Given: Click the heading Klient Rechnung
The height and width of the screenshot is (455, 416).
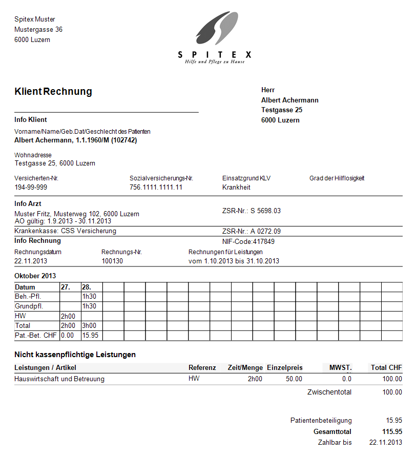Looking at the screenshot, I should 53,92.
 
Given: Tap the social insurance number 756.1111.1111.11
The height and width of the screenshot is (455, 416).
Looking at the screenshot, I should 156,188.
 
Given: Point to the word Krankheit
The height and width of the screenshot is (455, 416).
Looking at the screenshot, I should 236,188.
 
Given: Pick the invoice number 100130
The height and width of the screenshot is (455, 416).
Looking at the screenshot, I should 112,261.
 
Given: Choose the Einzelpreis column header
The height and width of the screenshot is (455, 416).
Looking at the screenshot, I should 285,367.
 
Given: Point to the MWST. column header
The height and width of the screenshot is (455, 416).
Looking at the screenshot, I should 341,367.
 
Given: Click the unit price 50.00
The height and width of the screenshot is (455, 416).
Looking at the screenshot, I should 294,379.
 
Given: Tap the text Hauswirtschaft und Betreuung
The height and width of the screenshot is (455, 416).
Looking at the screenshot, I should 59,379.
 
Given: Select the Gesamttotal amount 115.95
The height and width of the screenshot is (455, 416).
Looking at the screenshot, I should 392,432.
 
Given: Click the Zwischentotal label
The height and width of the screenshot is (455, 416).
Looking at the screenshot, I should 329,392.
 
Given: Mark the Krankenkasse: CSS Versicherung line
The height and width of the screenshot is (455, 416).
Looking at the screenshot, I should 65,231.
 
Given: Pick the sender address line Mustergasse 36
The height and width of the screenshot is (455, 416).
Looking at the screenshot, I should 38,30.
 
